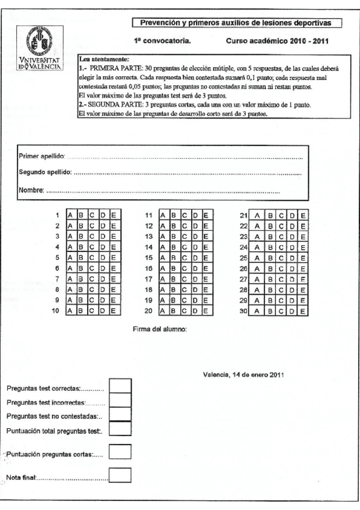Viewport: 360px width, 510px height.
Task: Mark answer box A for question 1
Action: (x=71, y=215)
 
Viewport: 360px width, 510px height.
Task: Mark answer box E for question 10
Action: (x=115, y=311)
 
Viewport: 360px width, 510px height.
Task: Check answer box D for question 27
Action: (x=291, y=279)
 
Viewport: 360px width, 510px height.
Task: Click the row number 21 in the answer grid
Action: (x=244, y=215)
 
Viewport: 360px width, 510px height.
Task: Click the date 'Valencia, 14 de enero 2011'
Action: (x=245, y=375)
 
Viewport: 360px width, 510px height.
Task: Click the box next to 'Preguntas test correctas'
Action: (x=120, y=386)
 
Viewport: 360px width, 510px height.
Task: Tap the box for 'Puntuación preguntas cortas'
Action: (x=120, y=452)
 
